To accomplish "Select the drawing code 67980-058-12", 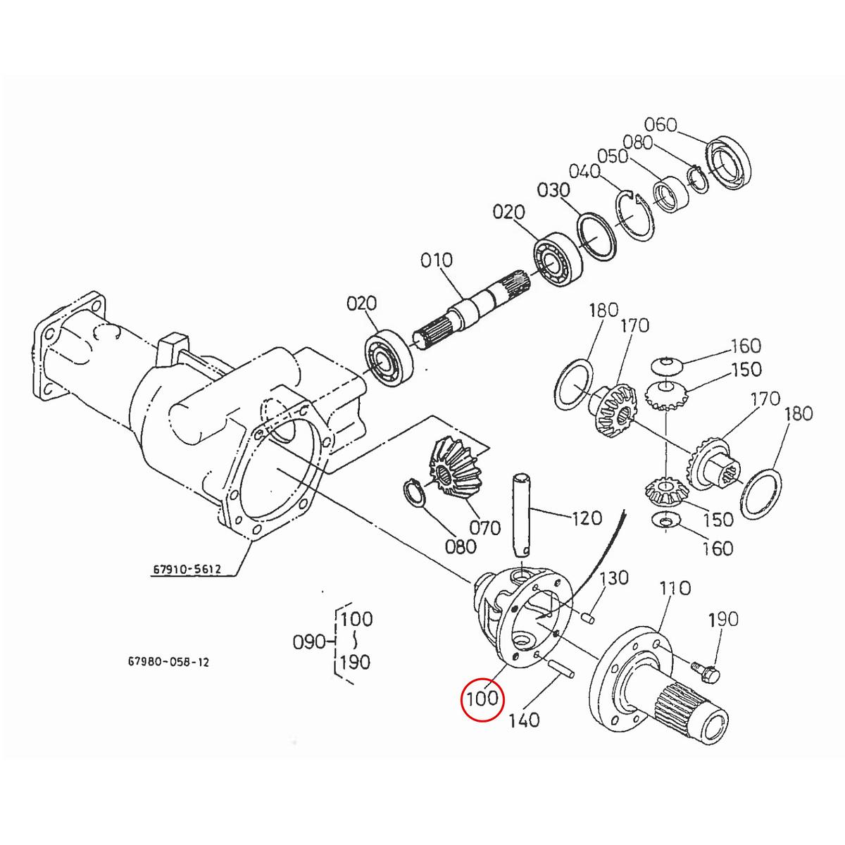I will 168,662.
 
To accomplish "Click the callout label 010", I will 437,261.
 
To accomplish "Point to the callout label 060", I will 661,125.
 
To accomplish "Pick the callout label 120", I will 587,518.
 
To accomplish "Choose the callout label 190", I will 723,620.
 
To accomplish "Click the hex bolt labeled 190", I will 705,671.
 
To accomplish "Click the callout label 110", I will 675,588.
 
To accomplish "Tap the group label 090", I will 308,641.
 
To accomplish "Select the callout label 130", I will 613,578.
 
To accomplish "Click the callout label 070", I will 484,527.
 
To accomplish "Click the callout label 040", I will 584,172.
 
